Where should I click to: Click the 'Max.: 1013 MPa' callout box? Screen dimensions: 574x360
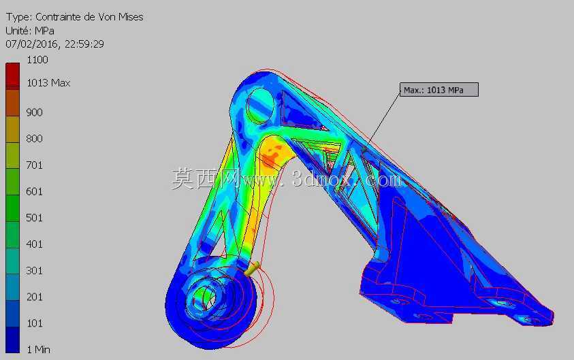pyautogui.click(x=439, y=90)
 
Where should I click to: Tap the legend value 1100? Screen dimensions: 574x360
pyautogui.click(x=37, y=60)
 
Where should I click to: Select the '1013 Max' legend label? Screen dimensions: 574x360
pyautogui.click(x=48, y=83)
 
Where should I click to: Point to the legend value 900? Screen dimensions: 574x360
pyautogui.click(x=35, y=112)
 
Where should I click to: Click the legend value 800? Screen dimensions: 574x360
pyautogui.click(x=35, y=139)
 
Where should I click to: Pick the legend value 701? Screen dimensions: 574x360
pyautogui.click(x=35, y=165)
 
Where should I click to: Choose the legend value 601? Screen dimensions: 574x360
pyautogui.click(x=35, y=192)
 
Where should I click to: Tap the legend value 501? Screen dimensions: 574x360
pyautogui.click(x=35, y=218)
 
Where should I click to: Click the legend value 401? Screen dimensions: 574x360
pyautogui.click(x=35, y=244)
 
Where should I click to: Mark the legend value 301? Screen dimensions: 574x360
pyautogui.click(x=35, y=271)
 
